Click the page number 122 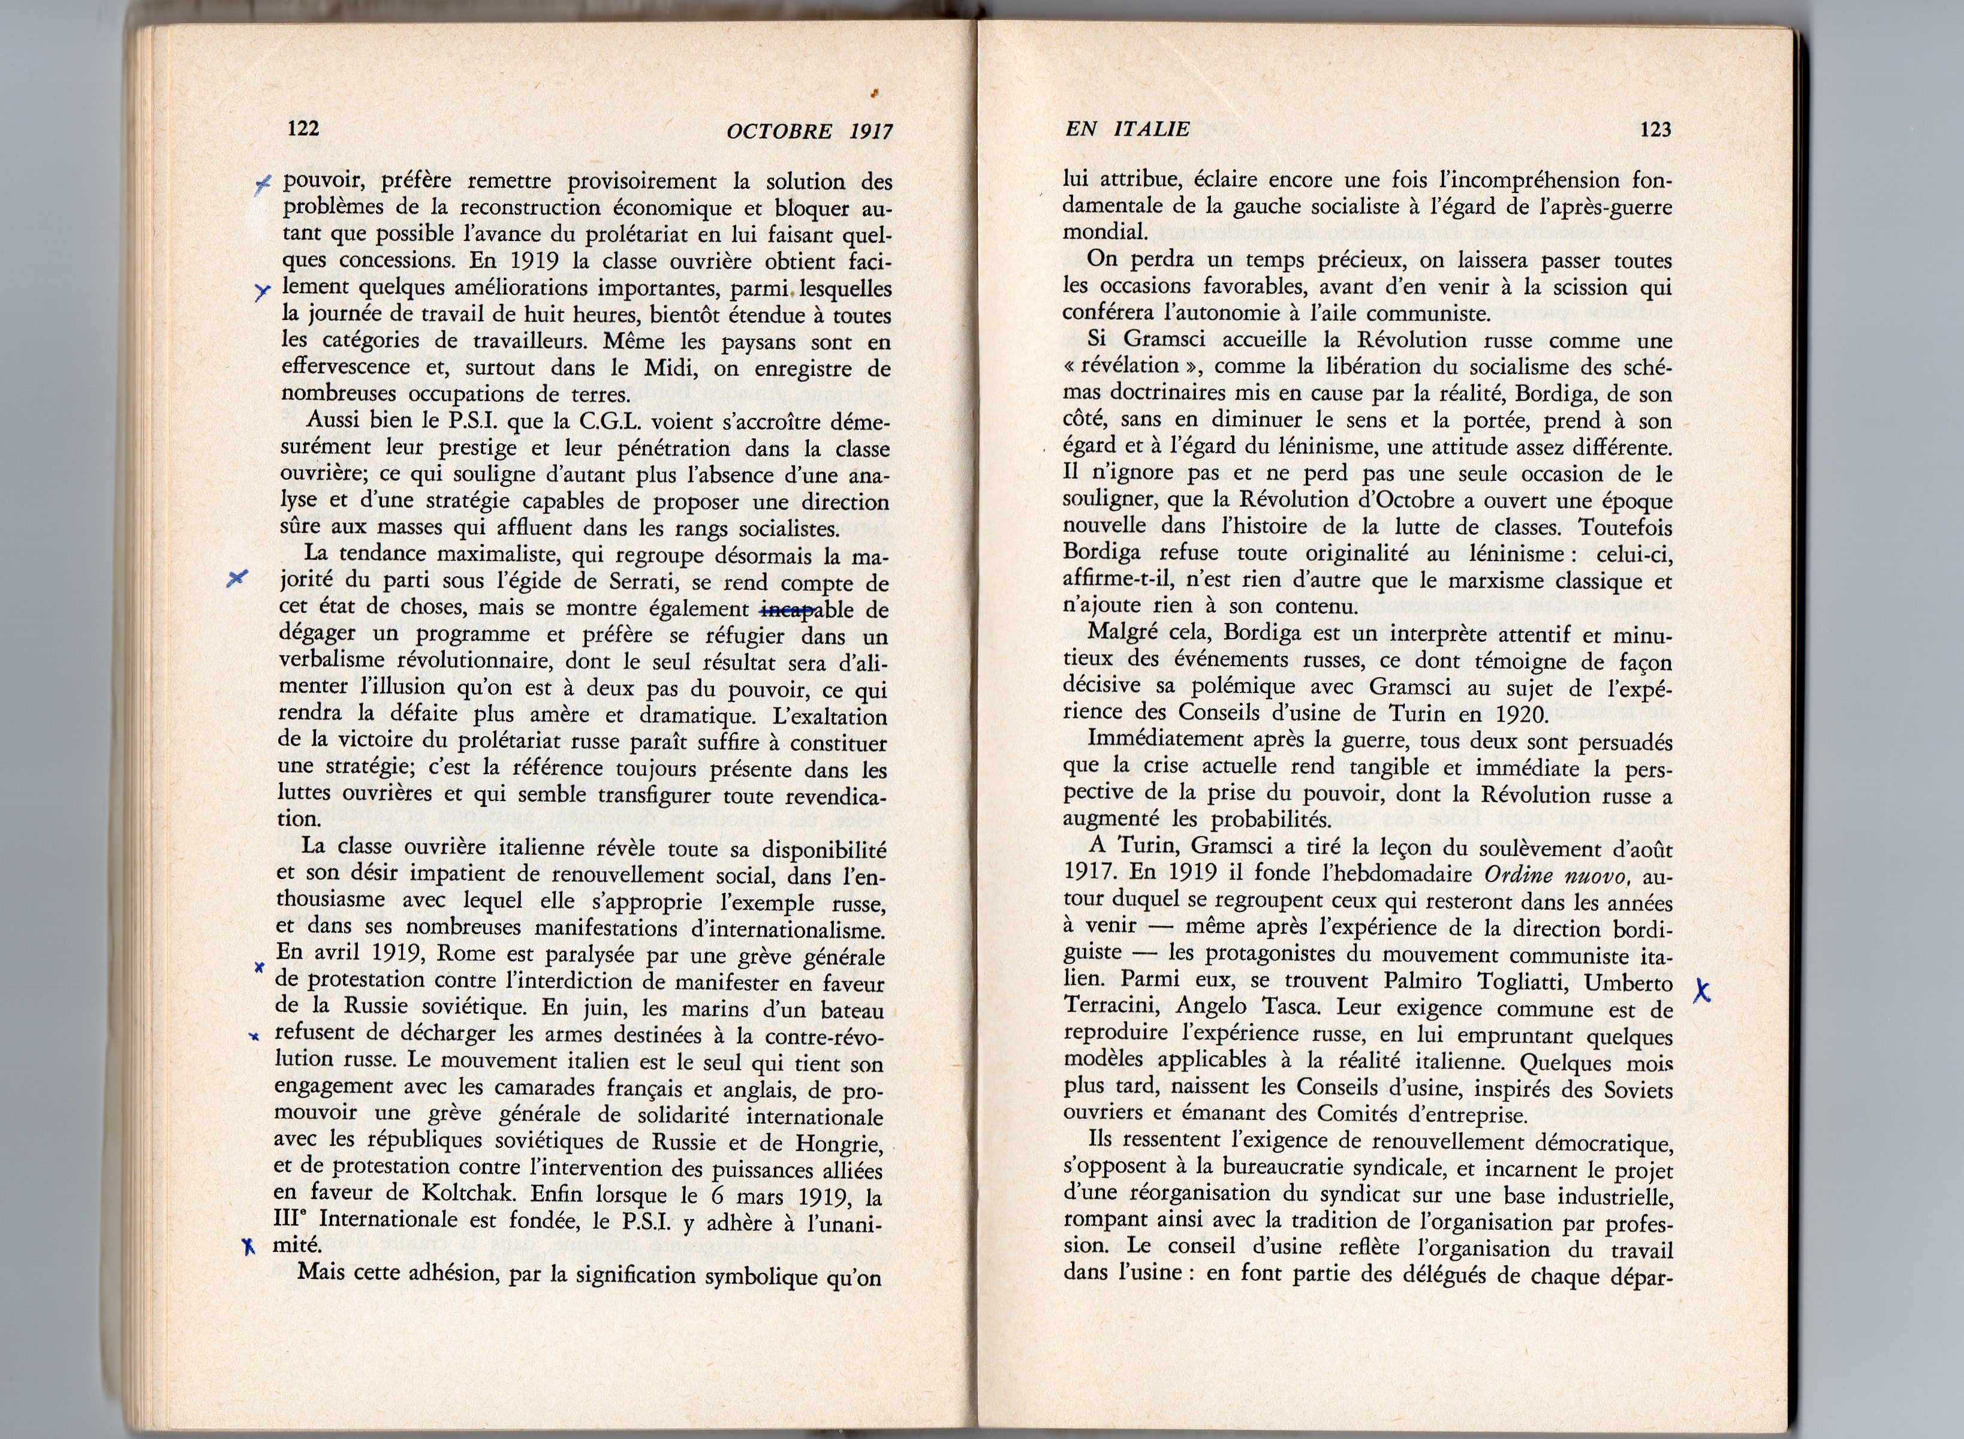[x=303, y=129]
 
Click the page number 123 [x=1655, y=130]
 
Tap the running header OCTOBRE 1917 [x=809, y=131]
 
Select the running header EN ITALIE [x=1127, y=130]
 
